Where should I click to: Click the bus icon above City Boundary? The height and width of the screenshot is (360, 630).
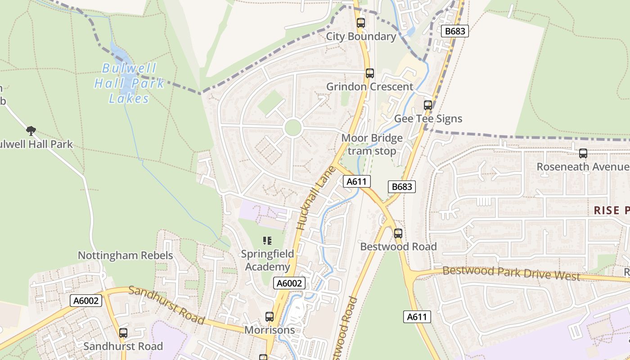[361, 23]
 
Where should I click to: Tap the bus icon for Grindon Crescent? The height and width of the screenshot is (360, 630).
[370, 73]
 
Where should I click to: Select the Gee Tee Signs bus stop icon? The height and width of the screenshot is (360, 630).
[428, 105]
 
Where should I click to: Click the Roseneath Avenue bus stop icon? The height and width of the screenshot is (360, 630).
[583, 153]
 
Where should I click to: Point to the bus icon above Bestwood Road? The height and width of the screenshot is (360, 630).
[398, 234]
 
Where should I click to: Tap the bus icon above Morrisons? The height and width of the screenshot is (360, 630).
[270, 317]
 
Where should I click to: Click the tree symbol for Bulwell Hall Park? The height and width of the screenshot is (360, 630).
[31, 131]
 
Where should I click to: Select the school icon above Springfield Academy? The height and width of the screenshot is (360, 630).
[267, 241]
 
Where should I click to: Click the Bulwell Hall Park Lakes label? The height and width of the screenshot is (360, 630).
[129, 84]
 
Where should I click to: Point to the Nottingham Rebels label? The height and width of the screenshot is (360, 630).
[126, 256]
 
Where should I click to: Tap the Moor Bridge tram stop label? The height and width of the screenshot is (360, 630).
[372, 144]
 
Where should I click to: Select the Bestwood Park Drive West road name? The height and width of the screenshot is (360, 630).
[511, 273]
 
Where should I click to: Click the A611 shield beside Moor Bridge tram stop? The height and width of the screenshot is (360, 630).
[357, 181]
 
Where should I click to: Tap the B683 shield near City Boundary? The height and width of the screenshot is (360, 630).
[455, 31]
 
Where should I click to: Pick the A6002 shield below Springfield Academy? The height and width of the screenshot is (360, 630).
[289, 283]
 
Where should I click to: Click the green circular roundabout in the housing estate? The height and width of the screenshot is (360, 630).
[293, 128]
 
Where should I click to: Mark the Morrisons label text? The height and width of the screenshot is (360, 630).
[270, 330]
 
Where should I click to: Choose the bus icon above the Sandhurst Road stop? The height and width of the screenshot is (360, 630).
[123, 333]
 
